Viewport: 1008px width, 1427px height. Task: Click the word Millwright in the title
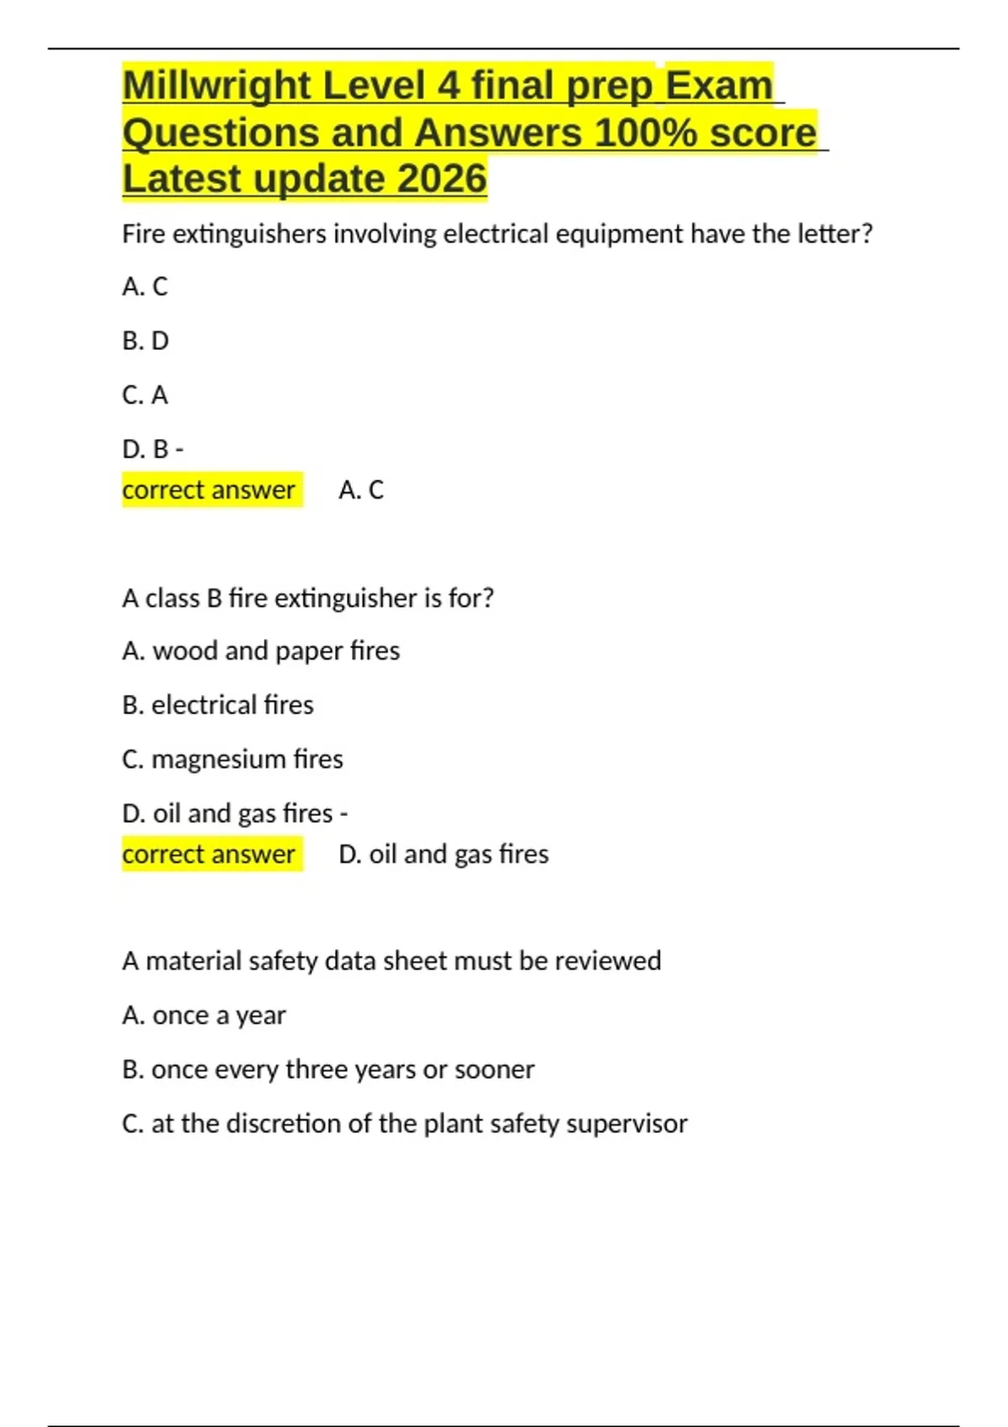217,86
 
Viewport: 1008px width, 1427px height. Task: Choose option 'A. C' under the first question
144,287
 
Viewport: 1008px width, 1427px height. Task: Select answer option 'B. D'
145,341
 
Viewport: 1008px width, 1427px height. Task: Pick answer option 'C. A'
144,395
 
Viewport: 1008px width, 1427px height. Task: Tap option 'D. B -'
152,450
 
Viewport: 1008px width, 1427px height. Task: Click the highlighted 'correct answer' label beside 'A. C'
208,489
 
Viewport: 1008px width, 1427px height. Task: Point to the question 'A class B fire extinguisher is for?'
307,598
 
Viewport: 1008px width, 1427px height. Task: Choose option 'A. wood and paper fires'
260,651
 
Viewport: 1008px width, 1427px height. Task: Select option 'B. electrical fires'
218,705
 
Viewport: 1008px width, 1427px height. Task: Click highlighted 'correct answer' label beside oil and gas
208,854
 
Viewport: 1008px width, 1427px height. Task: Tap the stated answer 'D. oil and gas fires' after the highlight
444,854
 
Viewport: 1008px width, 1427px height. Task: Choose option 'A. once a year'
203,1016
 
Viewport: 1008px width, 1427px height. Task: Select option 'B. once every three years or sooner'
328,1069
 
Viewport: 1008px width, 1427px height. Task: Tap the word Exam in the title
719,86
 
